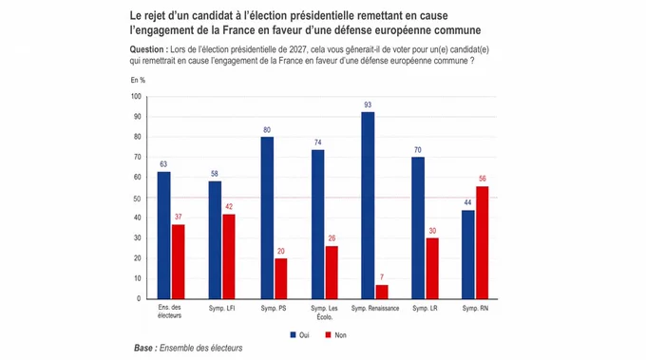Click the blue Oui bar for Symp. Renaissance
pos(368,205)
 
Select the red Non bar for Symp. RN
pos(483,242)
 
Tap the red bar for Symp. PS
pos(281,278)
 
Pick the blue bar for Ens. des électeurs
pos(164,236)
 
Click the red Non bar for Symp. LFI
pos(229,256)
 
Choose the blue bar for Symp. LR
pos(418,228)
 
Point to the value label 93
pos(368,105)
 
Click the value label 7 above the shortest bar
pos(382,277)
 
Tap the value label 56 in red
pos(483,179)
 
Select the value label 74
pos(317,142)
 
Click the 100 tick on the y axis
pos(136,96)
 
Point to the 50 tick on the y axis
pos(137,199)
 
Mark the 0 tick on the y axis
pos(139,298)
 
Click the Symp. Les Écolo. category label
pos(324,313)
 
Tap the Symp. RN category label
pos(475,308)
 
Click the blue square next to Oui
pos(293,335)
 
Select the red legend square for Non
pos(328,335)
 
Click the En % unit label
pos(138,80)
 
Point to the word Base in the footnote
pos(143,348)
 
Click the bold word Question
pos(146,49)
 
